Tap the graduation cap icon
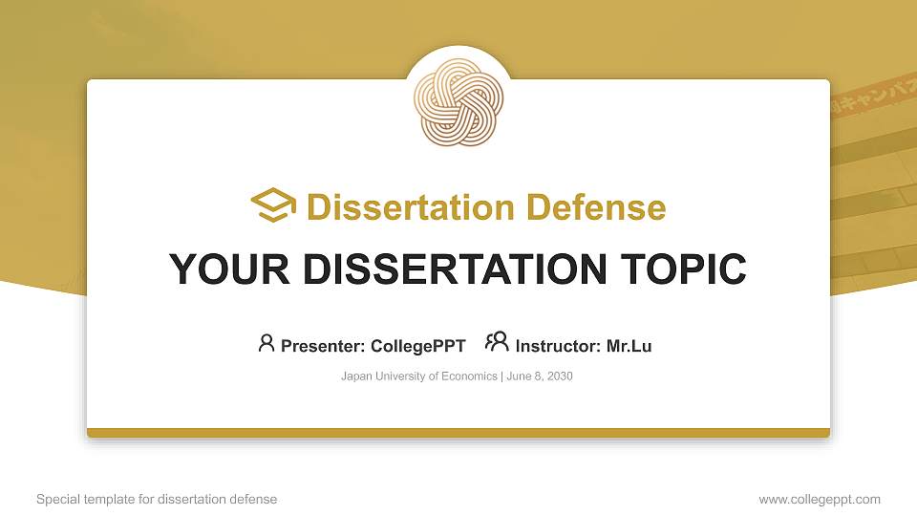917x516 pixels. click(273, 205)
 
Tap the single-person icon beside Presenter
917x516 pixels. click(267, 343)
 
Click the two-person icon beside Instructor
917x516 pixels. click(497, 342)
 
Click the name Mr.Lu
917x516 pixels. click(629, 346)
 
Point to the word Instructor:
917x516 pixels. click(558, 346)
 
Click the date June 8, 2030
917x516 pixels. click(540, 376)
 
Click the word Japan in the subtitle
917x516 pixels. click(355, 376)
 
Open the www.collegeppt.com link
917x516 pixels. click(820, 499)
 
